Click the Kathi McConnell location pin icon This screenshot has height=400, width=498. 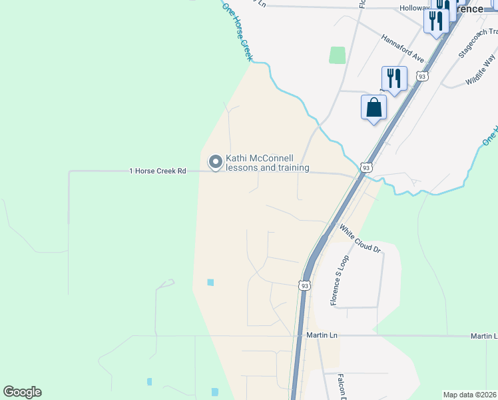coord(216,162)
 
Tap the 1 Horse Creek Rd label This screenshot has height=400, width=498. coord(157,171)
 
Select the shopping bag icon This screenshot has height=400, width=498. coord(373,107)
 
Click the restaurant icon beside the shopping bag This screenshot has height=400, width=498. coord(394,79)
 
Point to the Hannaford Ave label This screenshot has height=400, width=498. coord(403,48)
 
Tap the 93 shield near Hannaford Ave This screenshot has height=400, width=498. coord(422,77)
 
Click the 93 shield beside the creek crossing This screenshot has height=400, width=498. coord(366,167)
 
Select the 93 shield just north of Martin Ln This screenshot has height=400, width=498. coord(305,285)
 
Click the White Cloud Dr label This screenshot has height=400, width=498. coord(360,240)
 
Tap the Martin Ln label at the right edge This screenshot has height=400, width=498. coord(483,335)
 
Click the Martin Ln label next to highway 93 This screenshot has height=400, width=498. coord(318,335)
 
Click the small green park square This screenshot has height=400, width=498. coord(338,55)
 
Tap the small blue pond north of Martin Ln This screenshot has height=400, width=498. coord(210,282)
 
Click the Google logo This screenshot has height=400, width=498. coord(22,392)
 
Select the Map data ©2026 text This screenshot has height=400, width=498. coord(470,395)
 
